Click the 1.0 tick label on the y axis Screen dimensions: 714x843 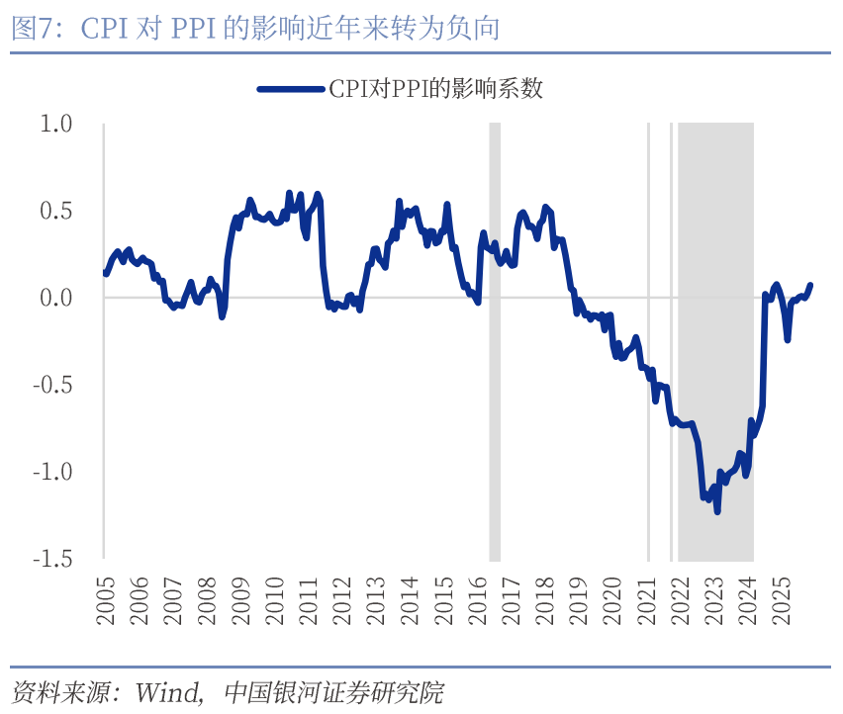[x=55, y=124]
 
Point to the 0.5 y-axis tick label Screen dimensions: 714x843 [x=55, y=211]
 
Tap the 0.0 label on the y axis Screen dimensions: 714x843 [x=55, y=298]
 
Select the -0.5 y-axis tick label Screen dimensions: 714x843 [x=52, y=385]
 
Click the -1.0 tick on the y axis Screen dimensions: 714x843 [x=52, y=471]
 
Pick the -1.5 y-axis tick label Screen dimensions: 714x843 [x=52, y=558]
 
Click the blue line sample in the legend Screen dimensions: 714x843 [x=291, y=89]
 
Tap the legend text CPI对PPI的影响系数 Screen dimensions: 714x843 [x=435, y=89]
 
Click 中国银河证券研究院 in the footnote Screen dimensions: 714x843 [x=333, y=689]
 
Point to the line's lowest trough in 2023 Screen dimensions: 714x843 [x=717, y=511]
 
